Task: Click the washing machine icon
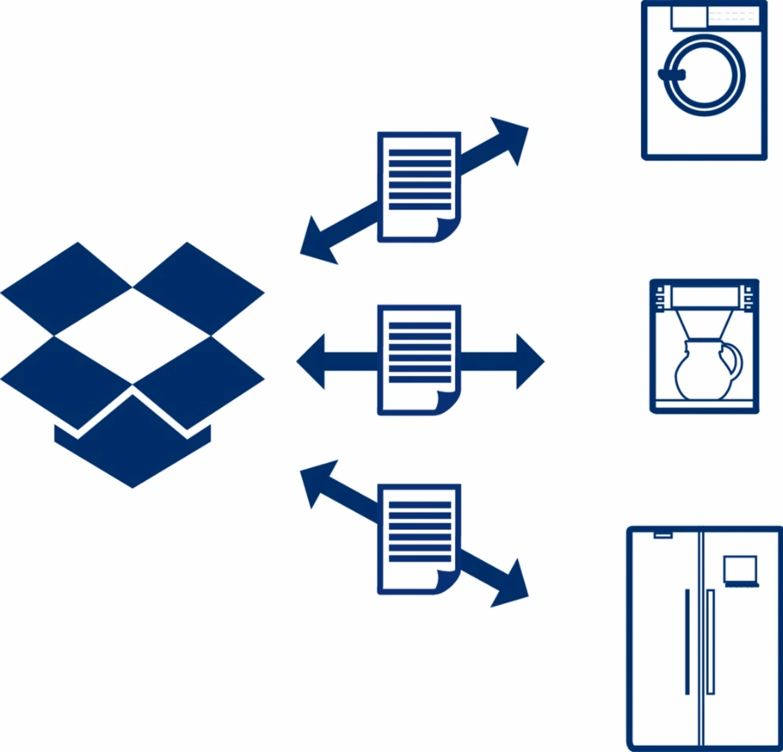(x=703, y=81)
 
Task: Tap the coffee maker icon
(x=704, y=346)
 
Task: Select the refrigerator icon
(x=704, y=636)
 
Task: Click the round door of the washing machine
(x=705, y=75)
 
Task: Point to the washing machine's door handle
(x=671, y=75)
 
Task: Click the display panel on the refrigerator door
(x=740, y=570)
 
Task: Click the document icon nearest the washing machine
(x=419, y=187)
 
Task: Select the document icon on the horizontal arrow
(x=419, y=360)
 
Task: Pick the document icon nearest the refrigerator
(x=419, y=539)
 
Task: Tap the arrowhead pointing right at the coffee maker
(x=529, y=361)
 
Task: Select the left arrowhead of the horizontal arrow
(x=312, y=361)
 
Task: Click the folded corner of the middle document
(x=447, y=402)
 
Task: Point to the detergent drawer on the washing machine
(x=689, y=17)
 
